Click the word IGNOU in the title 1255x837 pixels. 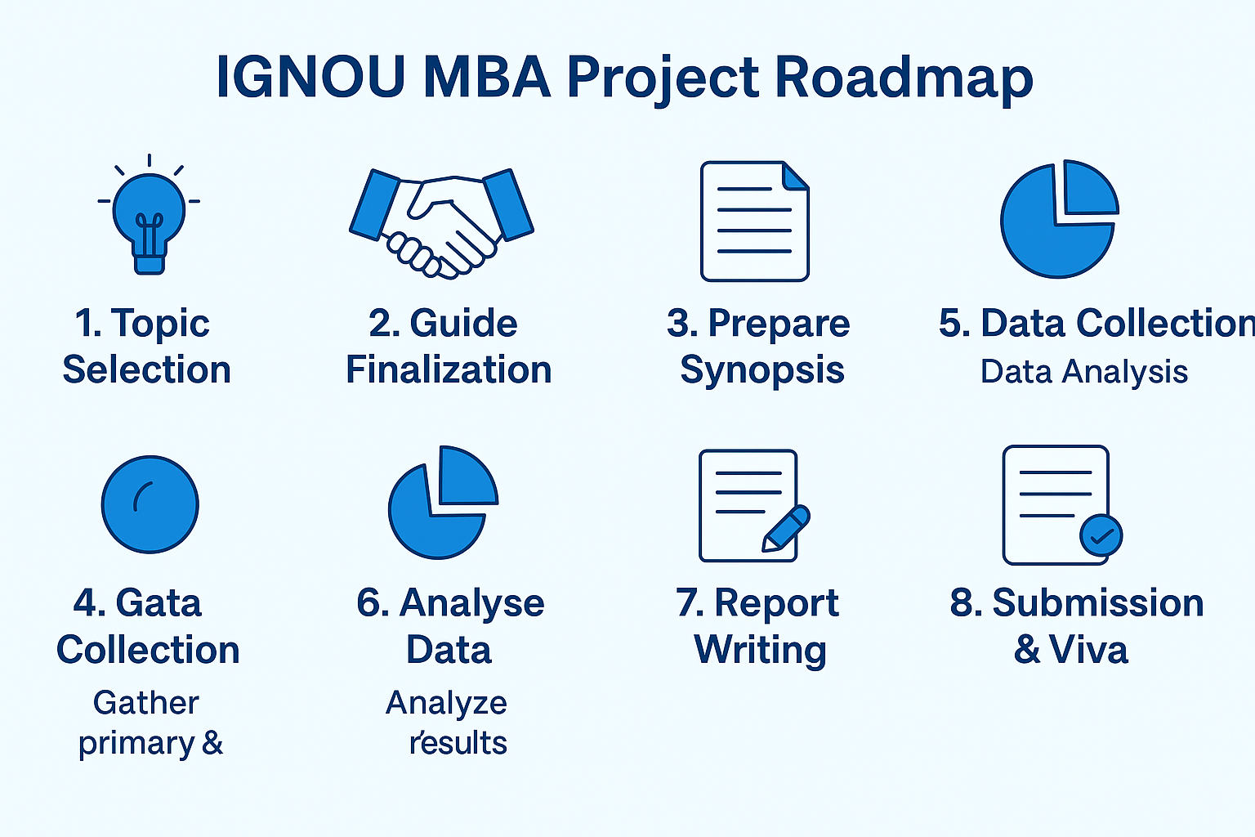point(310,78)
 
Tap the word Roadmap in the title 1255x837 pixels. point(903,78)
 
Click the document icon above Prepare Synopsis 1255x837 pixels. point(754,222)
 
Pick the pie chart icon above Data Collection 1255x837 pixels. point(1059,219)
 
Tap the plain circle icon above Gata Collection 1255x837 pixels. point(150,504)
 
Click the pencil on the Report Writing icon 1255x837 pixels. point(786,528)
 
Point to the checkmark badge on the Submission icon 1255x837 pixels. point(1101,536)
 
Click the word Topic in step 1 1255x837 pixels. point(160,324)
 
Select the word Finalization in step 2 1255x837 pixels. point(449,370)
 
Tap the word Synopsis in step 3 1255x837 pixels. point(761,370)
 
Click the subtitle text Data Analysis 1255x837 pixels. point(1083,372)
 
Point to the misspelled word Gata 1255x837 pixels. point(159,603)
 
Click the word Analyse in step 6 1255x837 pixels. point(471,603)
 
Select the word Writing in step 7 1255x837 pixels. point(760,651)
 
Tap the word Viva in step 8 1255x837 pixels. point(1088,651)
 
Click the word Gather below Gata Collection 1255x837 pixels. point(145,703)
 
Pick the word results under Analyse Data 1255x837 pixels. point(458,743)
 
